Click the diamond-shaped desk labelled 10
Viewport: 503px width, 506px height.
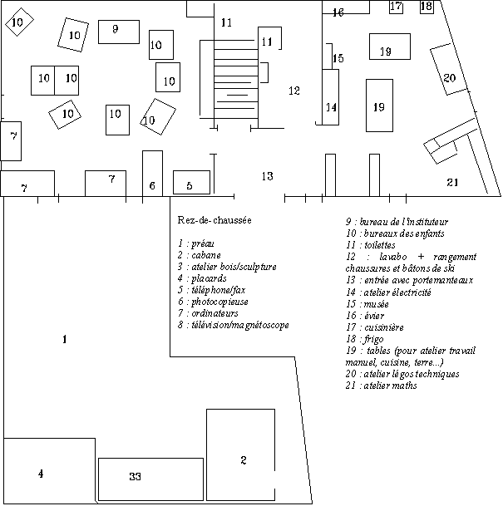click(18, 22)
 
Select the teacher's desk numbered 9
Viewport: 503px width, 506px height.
click(118, 32)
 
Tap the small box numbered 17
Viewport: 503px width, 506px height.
click(397, 7)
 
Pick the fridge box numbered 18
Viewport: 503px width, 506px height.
click(427, 7)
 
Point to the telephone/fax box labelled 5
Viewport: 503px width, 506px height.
click(190, 182)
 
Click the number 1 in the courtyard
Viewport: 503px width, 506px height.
click(64, 339)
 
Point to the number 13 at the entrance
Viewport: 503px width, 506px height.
click(267, 176)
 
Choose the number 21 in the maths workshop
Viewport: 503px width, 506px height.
click(452, 182)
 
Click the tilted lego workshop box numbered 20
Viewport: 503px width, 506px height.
click(449, 76)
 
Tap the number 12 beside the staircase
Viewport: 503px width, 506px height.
click(293, 91)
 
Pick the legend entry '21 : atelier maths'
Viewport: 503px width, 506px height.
click(381, 386)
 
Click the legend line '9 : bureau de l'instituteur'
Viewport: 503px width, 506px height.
click(397, 222)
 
